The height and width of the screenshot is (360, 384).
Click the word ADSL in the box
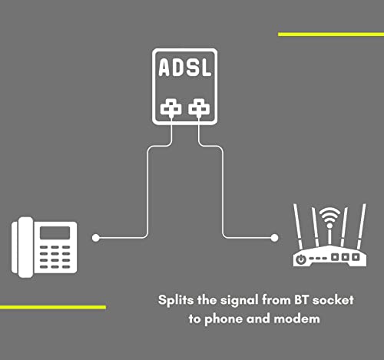pyautogui.click(x=185, y=68)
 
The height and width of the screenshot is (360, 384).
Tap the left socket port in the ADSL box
pyautogui.click(x=171, y=107)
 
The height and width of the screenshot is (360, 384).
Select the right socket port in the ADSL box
pyautogui.click(x=199, y=107)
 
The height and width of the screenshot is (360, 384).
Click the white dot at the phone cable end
pyautogui.click(x=96, y=238)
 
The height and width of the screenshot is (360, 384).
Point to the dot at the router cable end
pyautogui.click(x=274, y=238)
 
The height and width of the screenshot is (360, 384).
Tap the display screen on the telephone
pyautogui.click(x=55, y=233)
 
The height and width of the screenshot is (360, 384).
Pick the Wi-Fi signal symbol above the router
pyautogui.click(x=330, y=217)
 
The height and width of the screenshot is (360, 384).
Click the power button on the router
pyautogui.click(x=301, y=259)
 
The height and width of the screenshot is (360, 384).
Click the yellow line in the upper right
pyautogui.click(x=331, y=35)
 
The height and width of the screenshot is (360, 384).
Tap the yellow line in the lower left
pyautogui.click(x=53, y=307)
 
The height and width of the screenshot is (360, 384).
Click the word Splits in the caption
pyautogui.click(x=176, y=300)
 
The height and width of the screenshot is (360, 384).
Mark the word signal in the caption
pyautogui.click(x=239, y=301)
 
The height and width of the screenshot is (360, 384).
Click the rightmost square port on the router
pyautogui.click(x=356, y=257)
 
